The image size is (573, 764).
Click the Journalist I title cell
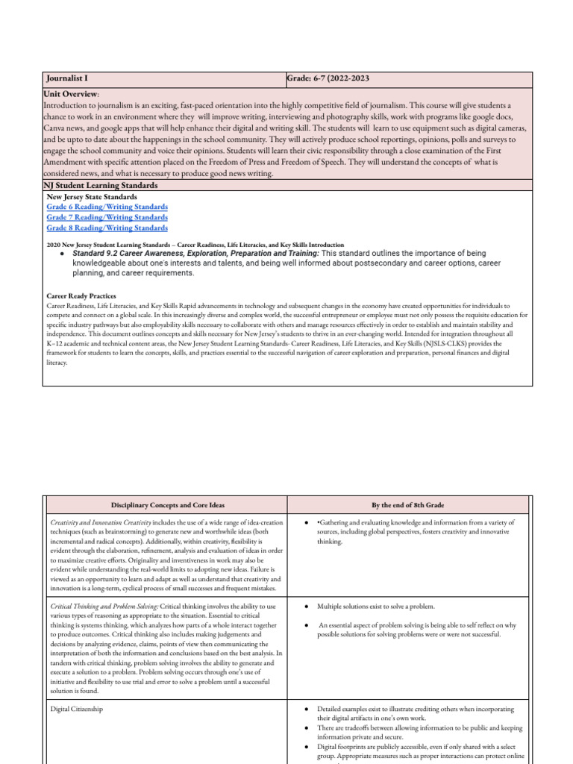[x=70, y=79]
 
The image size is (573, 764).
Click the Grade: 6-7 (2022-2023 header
[x=328, y=79]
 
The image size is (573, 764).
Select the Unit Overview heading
[x=72, y=95]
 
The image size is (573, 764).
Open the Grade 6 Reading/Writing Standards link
[x=107, y=207]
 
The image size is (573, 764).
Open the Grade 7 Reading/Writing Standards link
[x=107, y=217]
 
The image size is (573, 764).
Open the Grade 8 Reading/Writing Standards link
[x=107, y=228]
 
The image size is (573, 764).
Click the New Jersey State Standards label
[x=92, y=196]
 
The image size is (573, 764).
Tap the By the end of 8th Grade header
[x=407, y=504]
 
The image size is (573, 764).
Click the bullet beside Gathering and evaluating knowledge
[x=307, y=522]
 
